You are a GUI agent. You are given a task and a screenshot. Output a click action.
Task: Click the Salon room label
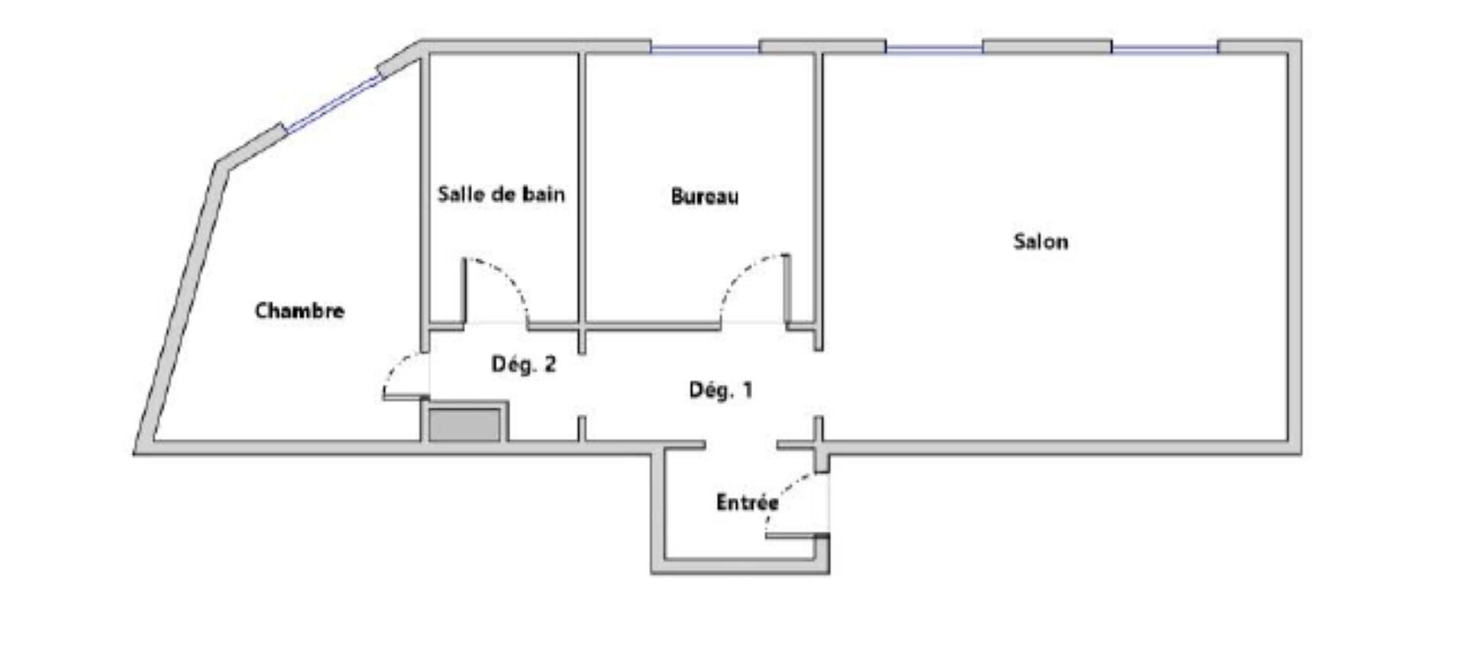point(1040,242)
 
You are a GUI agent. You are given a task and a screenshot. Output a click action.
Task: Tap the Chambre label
point(299,311)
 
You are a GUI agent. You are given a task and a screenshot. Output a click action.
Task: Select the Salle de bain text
point(501,194)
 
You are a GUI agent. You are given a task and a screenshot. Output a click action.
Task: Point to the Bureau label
point(705,197)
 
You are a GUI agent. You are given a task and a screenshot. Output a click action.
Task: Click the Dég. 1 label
point(721,390)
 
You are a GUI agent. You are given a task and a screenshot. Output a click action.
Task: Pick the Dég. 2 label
point(524,364)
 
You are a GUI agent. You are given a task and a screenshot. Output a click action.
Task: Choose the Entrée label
point(748,502)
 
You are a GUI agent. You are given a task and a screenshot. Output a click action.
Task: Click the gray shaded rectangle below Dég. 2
point(464,425)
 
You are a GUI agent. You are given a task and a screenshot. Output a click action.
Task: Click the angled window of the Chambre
point(332,103)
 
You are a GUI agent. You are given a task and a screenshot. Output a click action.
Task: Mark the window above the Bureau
point(706,48)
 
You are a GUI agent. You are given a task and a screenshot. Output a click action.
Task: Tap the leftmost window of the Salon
point(934,48)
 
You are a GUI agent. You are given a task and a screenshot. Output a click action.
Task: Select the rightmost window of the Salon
point(1164,48)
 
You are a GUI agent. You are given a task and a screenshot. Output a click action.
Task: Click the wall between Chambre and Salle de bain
point(425,202)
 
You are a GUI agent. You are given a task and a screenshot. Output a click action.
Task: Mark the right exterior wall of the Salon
point(1295,248)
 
